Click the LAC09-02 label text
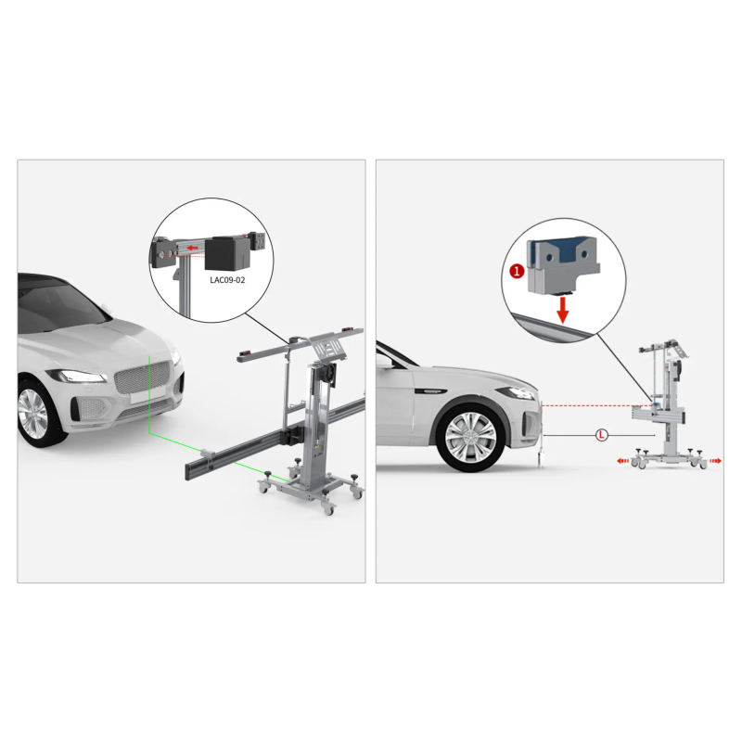227,280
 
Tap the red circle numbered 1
517,272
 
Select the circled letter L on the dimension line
601,435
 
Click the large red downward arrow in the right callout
563,310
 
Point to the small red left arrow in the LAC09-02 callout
192,248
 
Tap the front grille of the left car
142,377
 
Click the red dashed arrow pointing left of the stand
623,461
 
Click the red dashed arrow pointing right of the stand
715,461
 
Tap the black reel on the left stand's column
328,373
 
